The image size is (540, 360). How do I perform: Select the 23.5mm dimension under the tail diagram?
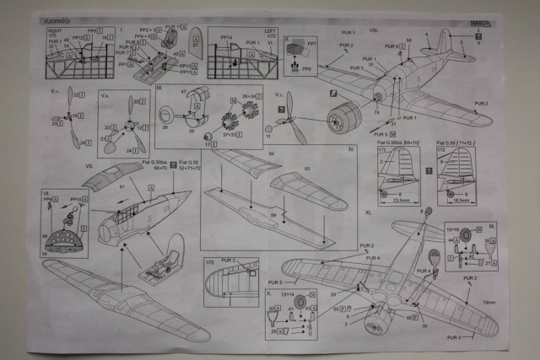pos(393,201)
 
